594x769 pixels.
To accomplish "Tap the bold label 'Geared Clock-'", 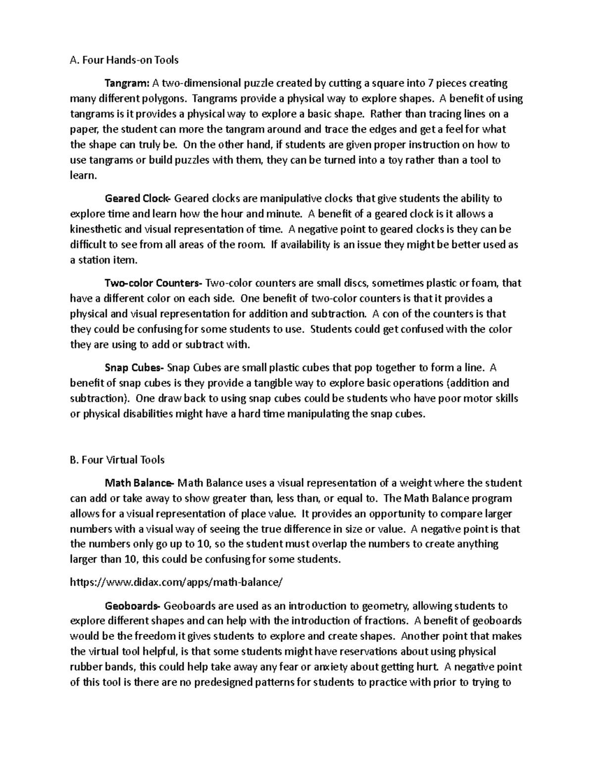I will click(138, 199).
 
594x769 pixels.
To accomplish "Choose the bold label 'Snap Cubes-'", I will click(134, 368).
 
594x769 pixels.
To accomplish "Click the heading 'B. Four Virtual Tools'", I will click(117, 460).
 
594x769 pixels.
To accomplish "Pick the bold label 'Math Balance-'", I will click(139, 483).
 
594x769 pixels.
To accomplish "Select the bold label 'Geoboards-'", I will click(133, 606).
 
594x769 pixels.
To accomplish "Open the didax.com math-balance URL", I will click(176, 582).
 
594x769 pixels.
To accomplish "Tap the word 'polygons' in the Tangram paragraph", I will click(165, 99).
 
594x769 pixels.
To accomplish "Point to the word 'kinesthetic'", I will click(95, 229).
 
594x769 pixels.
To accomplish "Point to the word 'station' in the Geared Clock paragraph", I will click(95, 260).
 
